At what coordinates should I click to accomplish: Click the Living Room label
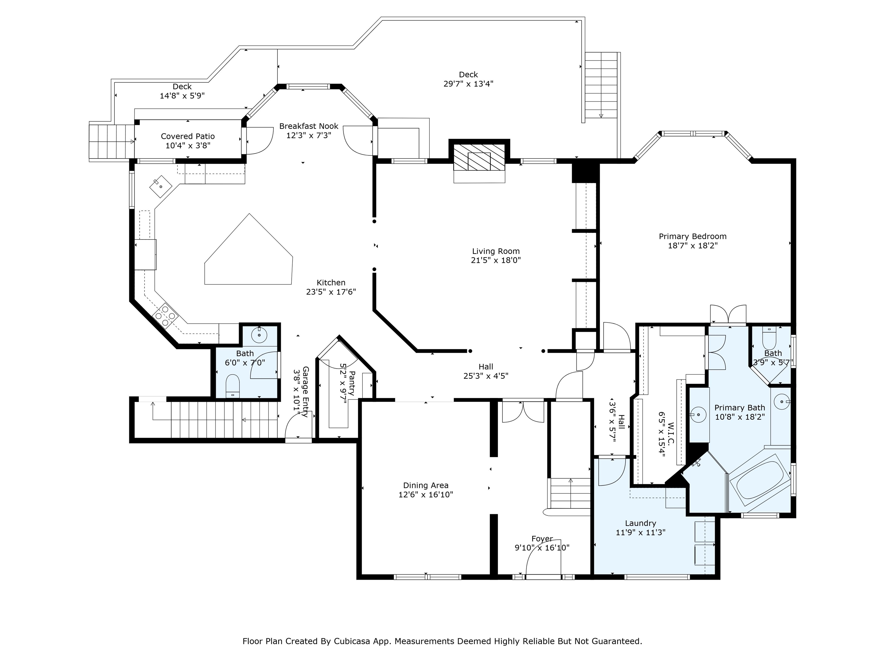(496, 251)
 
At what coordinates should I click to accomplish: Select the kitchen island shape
(249, 256)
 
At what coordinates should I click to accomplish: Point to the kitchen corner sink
(160, 186)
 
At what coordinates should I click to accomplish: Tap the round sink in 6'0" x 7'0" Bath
(259, 335)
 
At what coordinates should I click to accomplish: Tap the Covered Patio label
(188, 137)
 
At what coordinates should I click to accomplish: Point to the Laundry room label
(640, 523)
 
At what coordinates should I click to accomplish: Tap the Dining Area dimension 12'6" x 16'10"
(425, 495)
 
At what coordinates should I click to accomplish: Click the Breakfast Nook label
(309, 126)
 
